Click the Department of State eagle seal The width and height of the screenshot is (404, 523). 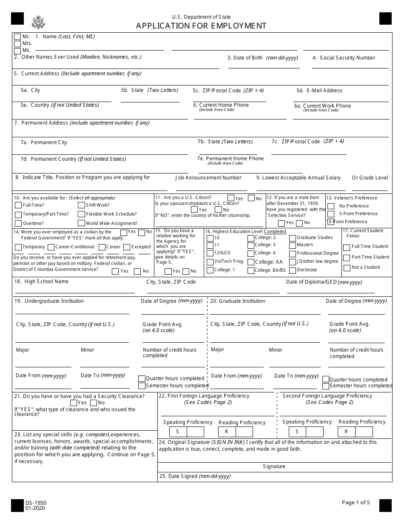pos(38,22)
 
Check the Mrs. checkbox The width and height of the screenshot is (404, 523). pos(17,44)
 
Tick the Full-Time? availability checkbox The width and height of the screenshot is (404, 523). pos(18,205)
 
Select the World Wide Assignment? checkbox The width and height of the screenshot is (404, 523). pos(81,223)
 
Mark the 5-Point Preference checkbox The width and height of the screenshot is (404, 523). pos(331,214)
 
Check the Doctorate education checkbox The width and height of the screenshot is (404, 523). pos(293,270)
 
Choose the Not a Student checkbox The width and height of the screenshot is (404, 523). pos(347,267)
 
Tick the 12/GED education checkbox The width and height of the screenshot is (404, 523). pos(210,253)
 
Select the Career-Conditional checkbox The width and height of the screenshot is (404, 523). pos(51,247)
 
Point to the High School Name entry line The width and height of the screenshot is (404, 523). pos(75,293)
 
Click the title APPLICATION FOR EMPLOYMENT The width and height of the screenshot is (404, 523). pos(201,26)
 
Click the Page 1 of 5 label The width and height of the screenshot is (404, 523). pos(356,502)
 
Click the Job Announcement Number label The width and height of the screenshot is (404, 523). pos(208,178)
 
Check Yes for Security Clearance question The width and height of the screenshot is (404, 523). pos(73,403)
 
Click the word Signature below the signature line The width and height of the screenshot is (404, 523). pos(274,466)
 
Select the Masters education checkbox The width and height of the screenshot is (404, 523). pos(293,245)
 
